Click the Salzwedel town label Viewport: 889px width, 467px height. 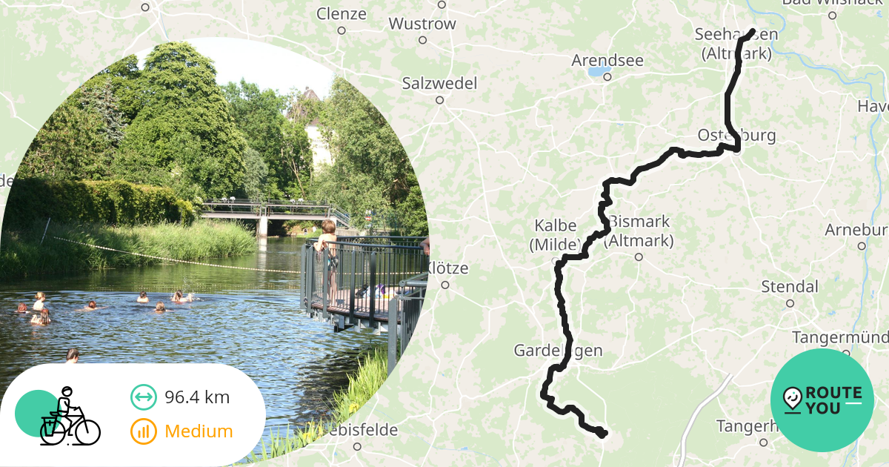(439, 83)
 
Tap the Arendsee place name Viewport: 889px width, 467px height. (607, 60)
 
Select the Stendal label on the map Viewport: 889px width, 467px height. (790, 287)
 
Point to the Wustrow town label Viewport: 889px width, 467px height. (422, 24)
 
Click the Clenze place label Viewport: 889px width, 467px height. (342, 13)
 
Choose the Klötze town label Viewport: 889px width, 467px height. (447, 268)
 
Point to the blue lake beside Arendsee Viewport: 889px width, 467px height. (595, 73)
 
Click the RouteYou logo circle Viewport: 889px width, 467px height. (822, 400)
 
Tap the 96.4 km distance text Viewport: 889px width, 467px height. (197, 397)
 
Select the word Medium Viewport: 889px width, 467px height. (199, 431)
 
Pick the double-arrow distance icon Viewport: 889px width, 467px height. (144, 397)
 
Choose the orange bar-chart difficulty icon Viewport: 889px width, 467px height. (144, 431)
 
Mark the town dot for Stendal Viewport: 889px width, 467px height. (790, 303)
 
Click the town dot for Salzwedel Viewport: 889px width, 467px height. (439, 99)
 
